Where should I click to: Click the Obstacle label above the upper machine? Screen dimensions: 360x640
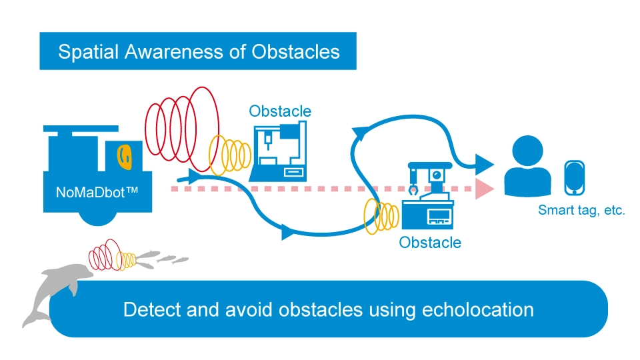[x=280, y=111]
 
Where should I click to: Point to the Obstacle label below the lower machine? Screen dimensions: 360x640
[x=430, y=242]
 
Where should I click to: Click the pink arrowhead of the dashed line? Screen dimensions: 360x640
[x=486, y=189]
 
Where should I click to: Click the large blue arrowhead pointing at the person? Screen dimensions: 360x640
[x=485, y=163]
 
